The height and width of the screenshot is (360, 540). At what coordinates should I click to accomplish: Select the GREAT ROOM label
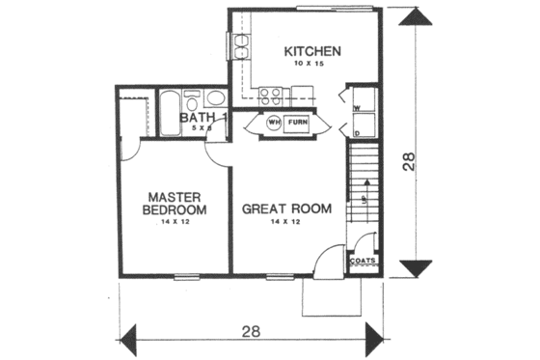pos(286,208)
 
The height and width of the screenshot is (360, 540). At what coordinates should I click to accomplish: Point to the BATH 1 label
pos(203,119)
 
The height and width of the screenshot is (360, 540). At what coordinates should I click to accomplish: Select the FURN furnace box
pos(301,124)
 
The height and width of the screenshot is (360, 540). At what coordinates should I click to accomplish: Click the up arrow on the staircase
pos(364,198)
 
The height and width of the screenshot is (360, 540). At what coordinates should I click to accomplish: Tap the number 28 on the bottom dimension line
pos(250,332)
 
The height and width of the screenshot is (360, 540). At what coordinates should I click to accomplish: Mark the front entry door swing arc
pos(331,258)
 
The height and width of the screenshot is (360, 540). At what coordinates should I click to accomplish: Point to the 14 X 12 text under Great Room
pos(286,223)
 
